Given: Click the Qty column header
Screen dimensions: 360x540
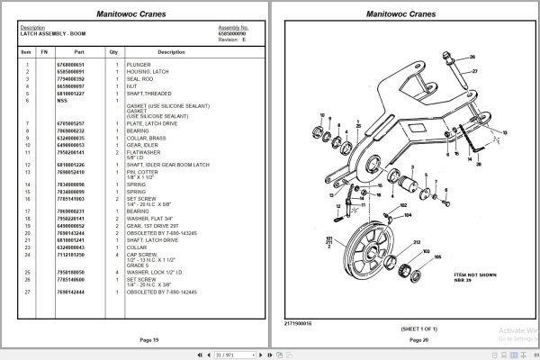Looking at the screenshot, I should click(113, 52).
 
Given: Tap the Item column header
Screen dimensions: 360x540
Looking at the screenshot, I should click(25, 52).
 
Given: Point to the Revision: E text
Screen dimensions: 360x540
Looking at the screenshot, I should click(232, 39).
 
